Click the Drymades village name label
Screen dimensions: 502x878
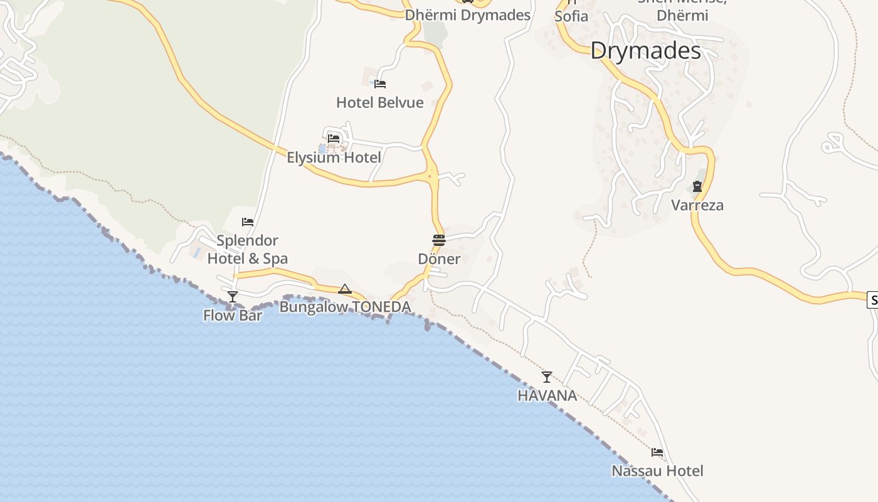click(x=645, y=50)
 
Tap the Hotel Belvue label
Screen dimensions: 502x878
click(x=380, y=102)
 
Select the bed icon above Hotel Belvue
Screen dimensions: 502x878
click(x=379, y=83)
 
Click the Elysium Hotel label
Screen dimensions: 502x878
click(x=334, y=158)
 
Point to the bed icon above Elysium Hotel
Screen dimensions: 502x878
click(x=334, y=138)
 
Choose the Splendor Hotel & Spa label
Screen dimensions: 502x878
click(x=248, y=249)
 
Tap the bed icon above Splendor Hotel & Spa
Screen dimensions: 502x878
click(x=248, y=222)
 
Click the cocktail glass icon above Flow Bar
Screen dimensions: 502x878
click(x=233, y=296)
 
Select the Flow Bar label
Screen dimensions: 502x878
click(x=233, y=315)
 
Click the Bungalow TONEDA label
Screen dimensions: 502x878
click(x=345, y=307)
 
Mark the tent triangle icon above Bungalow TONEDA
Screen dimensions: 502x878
click(x=344, y=289)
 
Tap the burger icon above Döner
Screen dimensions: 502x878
click(x=439, y=240)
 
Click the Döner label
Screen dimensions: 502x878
click(x=439, y=259)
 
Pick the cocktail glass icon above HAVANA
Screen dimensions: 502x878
click(x=547, y=376)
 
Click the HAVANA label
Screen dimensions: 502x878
click(x=547, y=395)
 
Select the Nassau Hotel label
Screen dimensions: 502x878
click(x=657, y=471)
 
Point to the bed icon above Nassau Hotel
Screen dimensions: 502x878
click(x=657, y=452)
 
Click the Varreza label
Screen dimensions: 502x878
click(x=697, y=205)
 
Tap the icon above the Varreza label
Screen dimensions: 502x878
click(x=697, y=186)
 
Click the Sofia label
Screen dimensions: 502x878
click(x=571, y=16)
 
